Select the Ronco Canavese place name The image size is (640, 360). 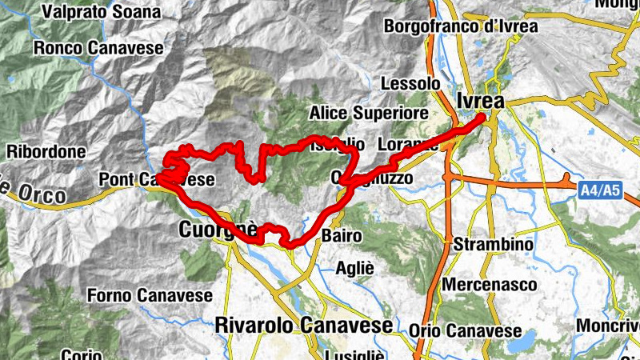point(98,48)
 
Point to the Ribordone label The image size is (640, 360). point(46,151)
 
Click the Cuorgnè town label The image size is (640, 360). point(218,231)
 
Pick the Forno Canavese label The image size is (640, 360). point(150,295)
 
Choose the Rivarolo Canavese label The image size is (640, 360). point(304,326)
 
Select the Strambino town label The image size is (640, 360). point(490,243)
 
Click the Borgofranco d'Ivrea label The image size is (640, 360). point(462,26)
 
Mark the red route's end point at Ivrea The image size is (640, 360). point(482,118)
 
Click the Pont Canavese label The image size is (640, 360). point(157,180)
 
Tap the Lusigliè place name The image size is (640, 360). point(356,354)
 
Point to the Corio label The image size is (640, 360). point(80,354)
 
